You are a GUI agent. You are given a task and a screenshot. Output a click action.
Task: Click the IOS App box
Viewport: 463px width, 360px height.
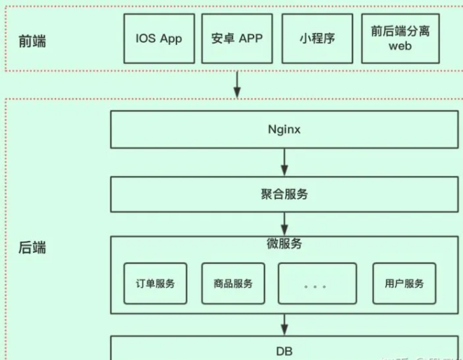(158, 39)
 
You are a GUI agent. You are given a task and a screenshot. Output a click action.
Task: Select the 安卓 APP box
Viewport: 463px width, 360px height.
(237, 39)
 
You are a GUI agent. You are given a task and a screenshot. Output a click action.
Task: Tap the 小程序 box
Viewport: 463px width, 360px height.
(315, 39)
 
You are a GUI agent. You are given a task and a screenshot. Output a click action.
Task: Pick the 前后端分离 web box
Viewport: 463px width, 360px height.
(401, 39)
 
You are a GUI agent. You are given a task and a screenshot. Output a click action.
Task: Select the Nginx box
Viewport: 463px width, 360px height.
(284, 130)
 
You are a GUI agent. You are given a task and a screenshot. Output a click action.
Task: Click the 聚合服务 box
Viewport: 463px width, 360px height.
(284, 194)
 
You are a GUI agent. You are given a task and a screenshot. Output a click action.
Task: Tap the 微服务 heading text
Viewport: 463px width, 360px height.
(284, 244)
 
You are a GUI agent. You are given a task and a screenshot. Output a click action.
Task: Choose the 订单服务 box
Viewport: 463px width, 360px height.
(156, 284)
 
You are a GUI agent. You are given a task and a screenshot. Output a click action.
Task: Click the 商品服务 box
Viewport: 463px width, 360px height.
(233, 284)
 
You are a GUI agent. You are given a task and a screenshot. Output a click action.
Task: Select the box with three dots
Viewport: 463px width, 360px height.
(317, 284)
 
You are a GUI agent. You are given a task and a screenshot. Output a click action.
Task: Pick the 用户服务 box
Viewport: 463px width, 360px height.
(404, 284)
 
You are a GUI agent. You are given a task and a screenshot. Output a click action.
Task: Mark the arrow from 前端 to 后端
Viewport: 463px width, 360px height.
(237, 85)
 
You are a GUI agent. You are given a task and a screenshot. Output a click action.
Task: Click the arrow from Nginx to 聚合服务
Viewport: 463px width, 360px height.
(284, 162)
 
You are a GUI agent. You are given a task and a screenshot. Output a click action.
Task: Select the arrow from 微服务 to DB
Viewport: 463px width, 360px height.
(284, 324)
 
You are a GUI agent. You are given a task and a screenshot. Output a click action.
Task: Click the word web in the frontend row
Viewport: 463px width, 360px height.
(401, 46)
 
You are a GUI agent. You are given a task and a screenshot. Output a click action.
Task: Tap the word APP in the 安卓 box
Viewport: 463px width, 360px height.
(250, 39)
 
